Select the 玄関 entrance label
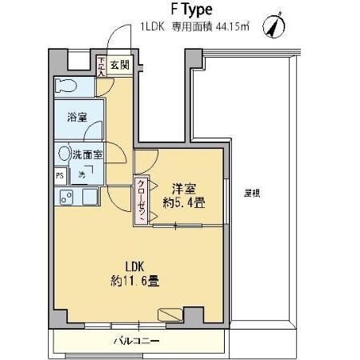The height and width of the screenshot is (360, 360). (x=118, y=66)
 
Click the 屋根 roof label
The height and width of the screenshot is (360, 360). (x=253, y=194)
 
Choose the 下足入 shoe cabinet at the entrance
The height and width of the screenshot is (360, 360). (x=100, y=66)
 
